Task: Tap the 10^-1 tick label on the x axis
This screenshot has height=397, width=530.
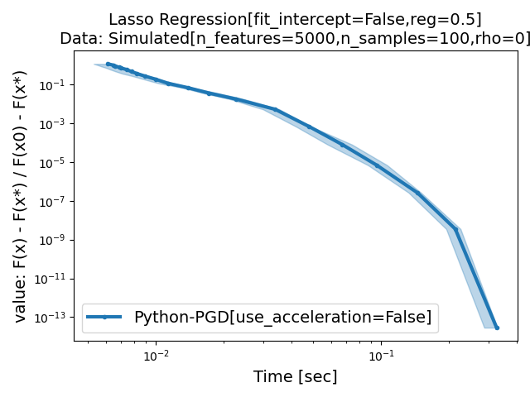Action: tap(381, 356)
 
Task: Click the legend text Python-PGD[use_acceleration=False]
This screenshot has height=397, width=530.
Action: tap(282, 317)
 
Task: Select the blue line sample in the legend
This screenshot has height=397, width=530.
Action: tap(104, 317)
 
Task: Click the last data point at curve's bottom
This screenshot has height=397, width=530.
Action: tap(497, 328)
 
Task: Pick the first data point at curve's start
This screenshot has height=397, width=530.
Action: tap(108, 64)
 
